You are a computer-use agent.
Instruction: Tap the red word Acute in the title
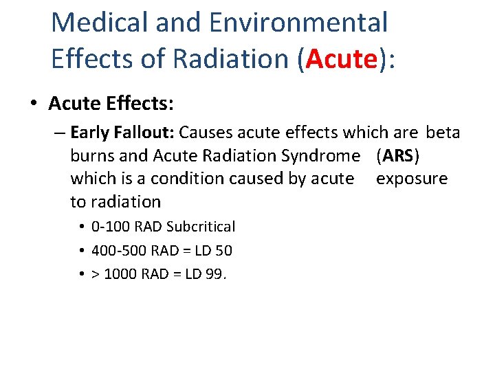pos(342,59)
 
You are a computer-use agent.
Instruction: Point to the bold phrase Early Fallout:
pos(122,132)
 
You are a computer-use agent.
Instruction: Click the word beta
pos(443,132)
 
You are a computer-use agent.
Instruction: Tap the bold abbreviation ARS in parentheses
pos(397,155)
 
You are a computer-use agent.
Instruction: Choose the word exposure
pos(411,179)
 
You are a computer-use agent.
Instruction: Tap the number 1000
pos(120,274)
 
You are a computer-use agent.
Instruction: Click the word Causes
pos(204,132)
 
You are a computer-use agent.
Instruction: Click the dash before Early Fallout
pos(58,132)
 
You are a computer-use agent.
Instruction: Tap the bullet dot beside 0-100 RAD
pos(81,227)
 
